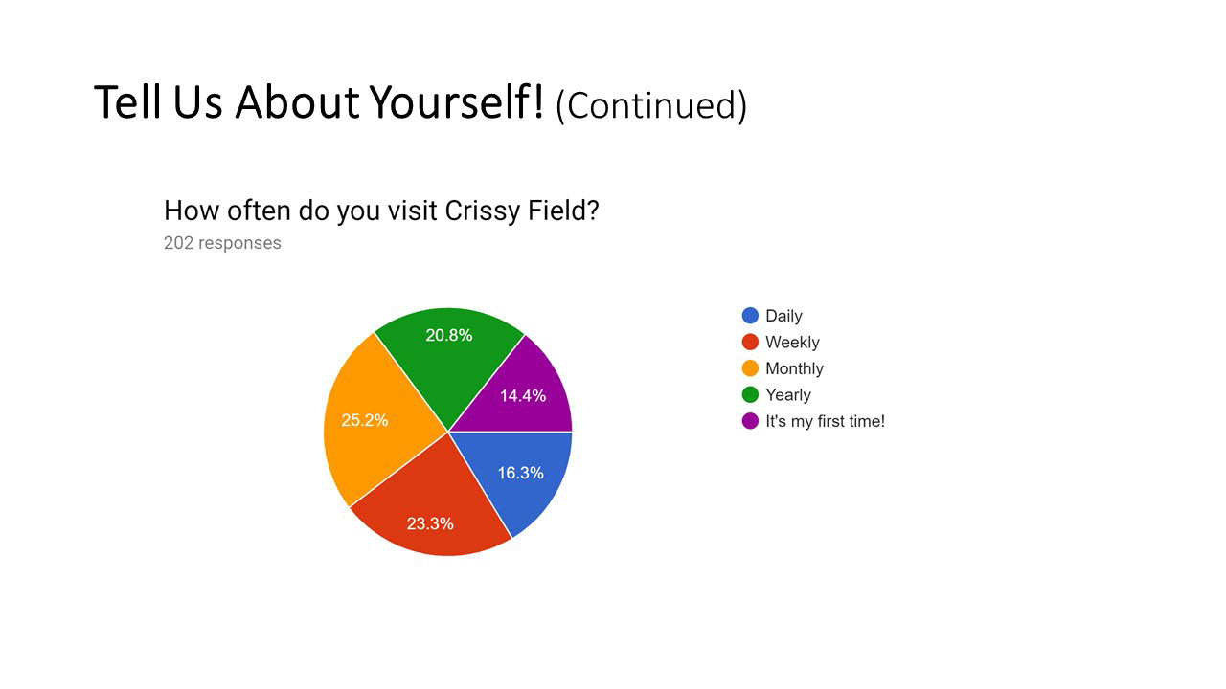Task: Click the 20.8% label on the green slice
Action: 449,335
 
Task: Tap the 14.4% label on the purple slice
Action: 523,396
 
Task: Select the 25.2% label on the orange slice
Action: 365,420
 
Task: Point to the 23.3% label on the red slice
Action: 430,523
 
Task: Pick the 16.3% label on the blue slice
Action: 520,473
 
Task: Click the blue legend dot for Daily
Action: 750,316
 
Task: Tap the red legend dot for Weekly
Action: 750,342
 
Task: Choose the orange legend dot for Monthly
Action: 750,368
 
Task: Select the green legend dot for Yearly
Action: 750,394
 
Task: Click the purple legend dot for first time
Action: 750,420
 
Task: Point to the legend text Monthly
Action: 794,369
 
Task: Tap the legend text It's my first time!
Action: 825,422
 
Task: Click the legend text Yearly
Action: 788,395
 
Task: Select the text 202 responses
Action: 222,243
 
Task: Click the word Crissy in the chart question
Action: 482,211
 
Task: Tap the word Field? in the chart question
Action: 563,211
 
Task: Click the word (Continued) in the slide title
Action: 651,105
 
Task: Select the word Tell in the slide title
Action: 128,102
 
